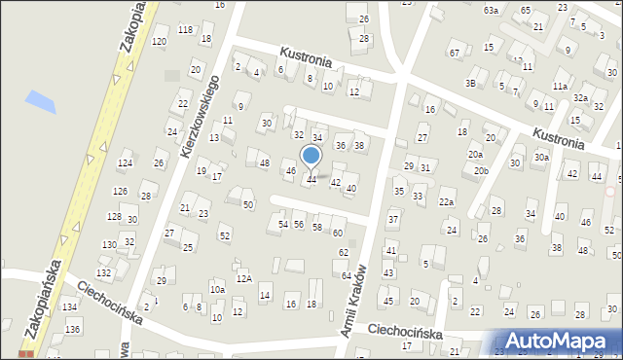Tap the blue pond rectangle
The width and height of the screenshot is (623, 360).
tap(42, 100)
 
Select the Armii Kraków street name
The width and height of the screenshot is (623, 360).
tap(353, 302)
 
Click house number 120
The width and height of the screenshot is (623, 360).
tap(159, 42)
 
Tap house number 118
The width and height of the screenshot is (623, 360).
tap(184, 30)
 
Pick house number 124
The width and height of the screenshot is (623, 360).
tap(125, 162)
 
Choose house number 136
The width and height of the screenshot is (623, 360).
tap(72, 329)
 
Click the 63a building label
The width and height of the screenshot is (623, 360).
tap(491, 10)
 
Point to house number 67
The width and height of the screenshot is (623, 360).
tap(455, 52)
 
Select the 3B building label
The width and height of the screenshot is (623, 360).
tap(470, 83)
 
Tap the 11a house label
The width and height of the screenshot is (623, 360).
tap(560, 87)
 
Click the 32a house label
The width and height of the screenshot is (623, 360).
tap(580, 97)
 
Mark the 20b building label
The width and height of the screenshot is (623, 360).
tap(481, 170)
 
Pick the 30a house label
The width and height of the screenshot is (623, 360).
tap(541, 158)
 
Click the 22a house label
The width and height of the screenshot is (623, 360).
tap(446, 201)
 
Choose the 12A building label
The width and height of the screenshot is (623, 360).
tap(244, 278)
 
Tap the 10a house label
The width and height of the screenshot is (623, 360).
tap(217, 289)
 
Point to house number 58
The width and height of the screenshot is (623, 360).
tap(317, 227)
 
